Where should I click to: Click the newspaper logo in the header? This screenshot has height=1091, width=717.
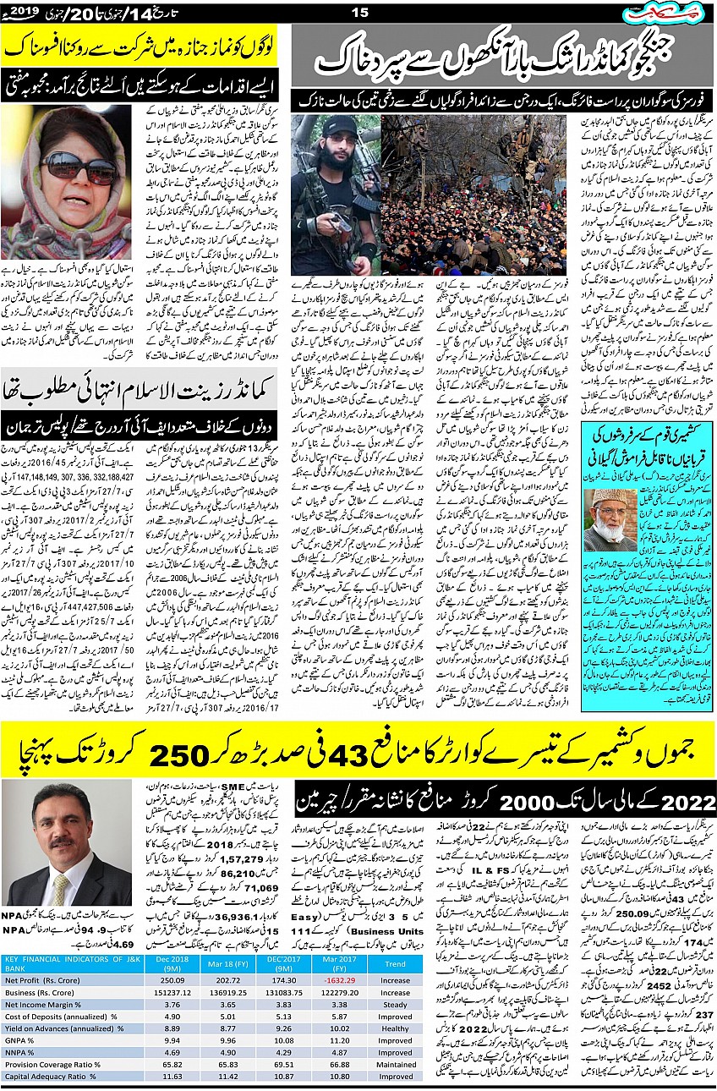click(x=673, y=13)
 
